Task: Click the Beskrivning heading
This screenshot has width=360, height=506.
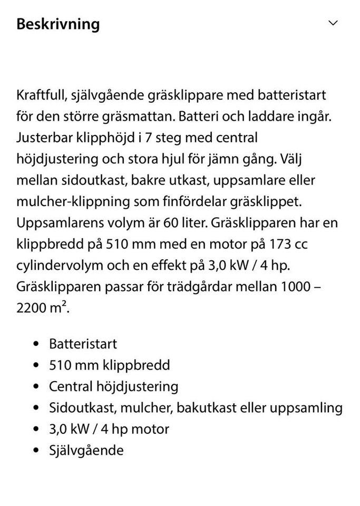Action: click(x=58, y=24)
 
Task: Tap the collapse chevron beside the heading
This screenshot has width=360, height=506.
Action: click(x=333, y=23)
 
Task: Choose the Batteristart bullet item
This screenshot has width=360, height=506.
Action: click(x=83, y=344)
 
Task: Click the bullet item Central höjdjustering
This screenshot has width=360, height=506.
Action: click(x=113, y=386)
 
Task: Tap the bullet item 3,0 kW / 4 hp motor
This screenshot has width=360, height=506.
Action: click(x=109, y=429)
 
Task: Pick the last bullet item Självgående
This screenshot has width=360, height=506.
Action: click(x=86, y=450)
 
